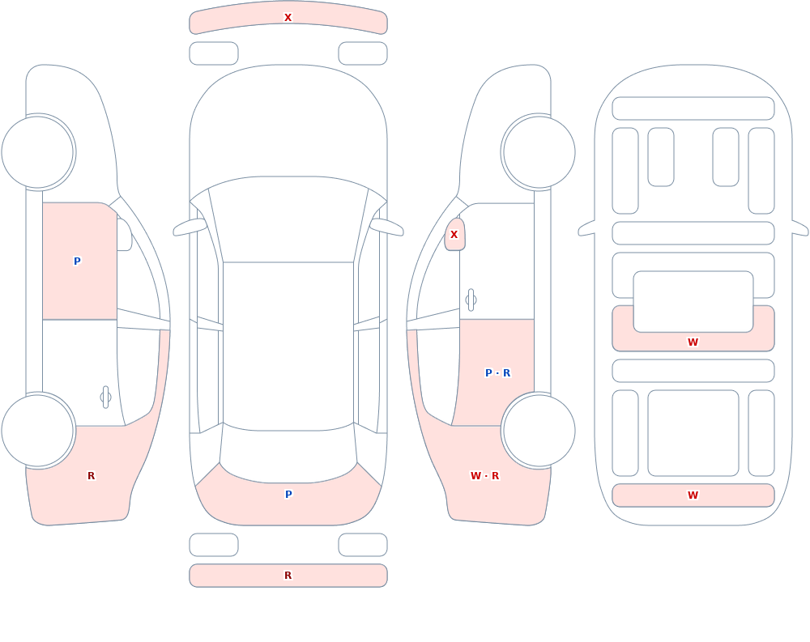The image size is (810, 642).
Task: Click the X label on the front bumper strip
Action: [288, 18]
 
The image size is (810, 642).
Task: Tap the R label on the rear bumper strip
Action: [288, 576]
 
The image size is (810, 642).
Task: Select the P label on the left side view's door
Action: [77, 261]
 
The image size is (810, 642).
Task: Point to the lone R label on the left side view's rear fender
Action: [91, 476]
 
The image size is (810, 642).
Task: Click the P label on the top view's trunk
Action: [288, 495]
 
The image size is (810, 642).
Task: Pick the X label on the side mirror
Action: [454, 235]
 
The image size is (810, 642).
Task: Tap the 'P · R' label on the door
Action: [498, 373]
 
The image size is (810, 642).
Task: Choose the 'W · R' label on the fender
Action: [484, 476]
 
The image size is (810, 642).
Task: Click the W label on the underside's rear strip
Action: [693, 495]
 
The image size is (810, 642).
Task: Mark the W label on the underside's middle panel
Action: [693, 342]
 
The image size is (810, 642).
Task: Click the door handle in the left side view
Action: [105, 398]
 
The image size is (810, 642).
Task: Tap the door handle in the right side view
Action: [471, 300]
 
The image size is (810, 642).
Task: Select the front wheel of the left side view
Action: [38, 152]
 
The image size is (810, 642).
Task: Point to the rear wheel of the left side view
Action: [38, 430]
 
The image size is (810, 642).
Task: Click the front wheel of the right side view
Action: [539, 152]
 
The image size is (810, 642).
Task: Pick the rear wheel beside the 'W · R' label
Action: [539, 430]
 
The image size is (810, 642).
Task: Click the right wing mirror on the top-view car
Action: [386, 227]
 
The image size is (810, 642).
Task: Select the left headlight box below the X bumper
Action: [214, 53]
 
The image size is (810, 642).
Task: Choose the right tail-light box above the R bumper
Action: [363, 545]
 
